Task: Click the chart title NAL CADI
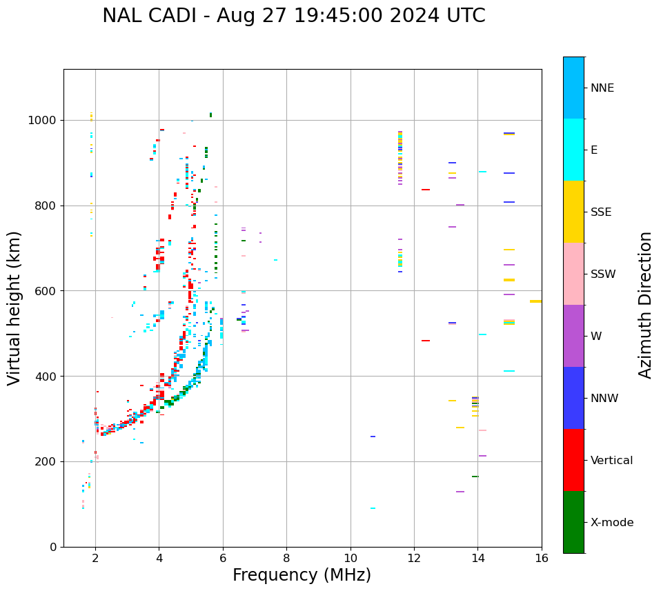(x=293, y=16)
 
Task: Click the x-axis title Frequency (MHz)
(x=302, y=575)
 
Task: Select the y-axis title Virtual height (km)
(x=14, y=308)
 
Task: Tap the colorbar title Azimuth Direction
(x=645, y=304)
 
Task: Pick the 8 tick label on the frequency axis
(x=286, y=558)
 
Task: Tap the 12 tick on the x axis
(x=414, y=558)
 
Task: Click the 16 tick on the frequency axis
(x=541, y=558)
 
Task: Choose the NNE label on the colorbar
(x=602, y=88)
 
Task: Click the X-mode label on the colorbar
(x=611, y=523)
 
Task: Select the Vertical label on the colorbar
(x=611, y=461)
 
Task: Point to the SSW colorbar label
(x=602, y=274)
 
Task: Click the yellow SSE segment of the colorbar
(x=573, y=212)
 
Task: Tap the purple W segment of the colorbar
(x=573, y=336)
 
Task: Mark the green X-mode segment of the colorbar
(x=573, y=522)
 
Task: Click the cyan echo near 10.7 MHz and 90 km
(x=373, y=508)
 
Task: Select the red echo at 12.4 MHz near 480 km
(x=426, y=341)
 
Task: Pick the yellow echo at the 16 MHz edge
(x=535, y=301)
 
